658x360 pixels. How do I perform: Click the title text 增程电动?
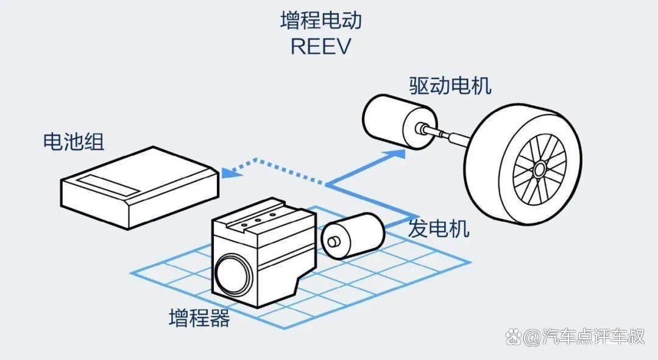320,21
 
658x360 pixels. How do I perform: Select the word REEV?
320,47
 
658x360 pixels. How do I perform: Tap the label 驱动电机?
450,86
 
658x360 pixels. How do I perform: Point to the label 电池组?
73,142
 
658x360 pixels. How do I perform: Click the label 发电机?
439,229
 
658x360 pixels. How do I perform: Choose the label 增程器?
199,318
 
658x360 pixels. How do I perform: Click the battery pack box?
139,186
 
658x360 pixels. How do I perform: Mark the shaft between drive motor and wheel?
448,135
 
